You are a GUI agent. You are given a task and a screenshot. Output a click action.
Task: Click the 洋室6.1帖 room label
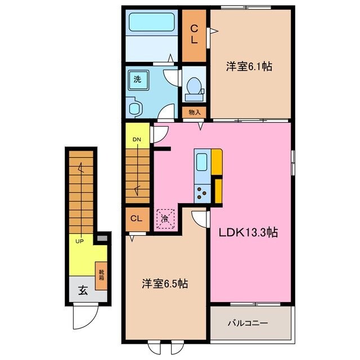point(250,66)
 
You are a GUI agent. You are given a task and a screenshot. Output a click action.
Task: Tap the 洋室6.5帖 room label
point(164,284)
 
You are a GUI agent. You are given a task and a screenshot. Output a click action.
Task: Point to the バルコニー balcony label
point(247,323)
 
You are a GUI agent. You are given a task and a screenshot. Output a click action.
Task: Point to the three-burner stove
point(201,193)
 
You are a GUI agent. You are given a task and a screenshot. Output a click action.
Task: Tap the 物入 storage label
point(195,112)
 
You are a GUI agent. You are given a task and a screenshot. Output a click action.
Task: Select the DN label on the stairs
point(136,139)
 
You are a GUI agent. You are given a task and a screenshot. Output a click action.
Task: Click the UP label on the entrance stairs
point(80,241)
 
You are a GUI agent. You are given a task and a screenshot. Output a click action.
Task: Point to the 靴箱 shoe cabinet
point(102,276)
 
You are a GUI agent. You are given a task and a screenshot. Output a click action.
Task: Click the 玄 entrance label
point(83,291)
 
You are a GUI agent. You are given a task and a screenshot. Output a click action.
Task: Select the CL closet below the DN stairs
point(136,219)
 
